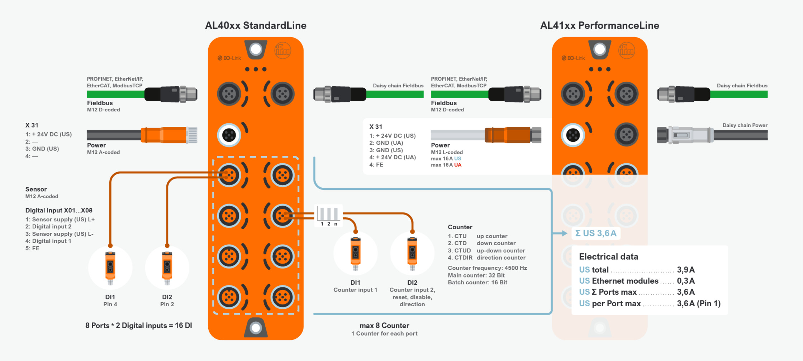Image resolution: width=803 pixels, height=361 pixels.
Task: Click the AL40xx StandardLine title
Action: click(256, 25)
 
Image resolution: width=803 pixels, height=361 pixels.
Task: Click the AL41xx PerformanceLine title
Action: click(599, 25)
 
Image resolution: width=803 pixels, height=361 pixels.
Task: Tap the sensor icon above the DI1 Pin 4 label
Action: click(110, 267)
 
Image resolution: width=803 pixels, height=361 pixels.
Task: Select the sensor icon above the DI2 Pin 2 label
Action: click(167, 267)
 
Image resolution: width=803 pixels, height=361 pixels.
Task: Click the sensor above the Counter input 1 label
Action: click(355, 253)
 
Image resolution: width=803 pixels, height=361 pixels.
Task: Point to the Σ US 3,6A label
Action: click(595, 234)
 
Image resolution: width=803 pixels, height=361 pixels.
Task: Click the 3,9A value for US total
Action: click(685, 270)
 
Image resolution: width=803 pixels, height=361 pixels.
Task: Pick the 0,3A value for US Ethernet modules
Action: click(685, 281)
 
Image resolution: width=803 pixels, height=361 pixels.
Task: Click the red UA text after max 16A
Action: click(458, 165)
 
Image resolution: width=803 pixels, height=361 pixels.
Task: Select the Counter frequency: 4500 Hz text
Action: click(487, 268)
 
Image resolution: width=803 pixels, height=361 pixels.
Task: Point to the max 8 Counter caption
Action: click(384, 326)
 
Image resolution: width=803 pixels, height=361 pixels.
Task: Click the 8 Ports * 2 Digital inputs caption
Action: click(139, 326)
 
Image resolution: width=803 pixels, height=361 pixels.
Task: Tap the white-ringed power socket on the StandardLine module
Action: click(229, 135)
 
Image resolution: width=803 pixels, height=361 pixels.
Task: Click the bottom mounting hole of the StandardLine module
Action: click(256, 328)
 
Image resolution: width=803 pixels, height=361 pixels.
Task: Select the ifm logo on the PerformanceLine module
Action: click(626, 50)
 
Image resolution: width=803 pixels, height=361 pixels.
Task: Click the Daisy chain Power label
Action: click(745, 125)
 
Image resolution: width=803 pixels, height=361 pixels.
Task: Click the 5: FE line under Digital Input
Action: click(32, 249)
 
